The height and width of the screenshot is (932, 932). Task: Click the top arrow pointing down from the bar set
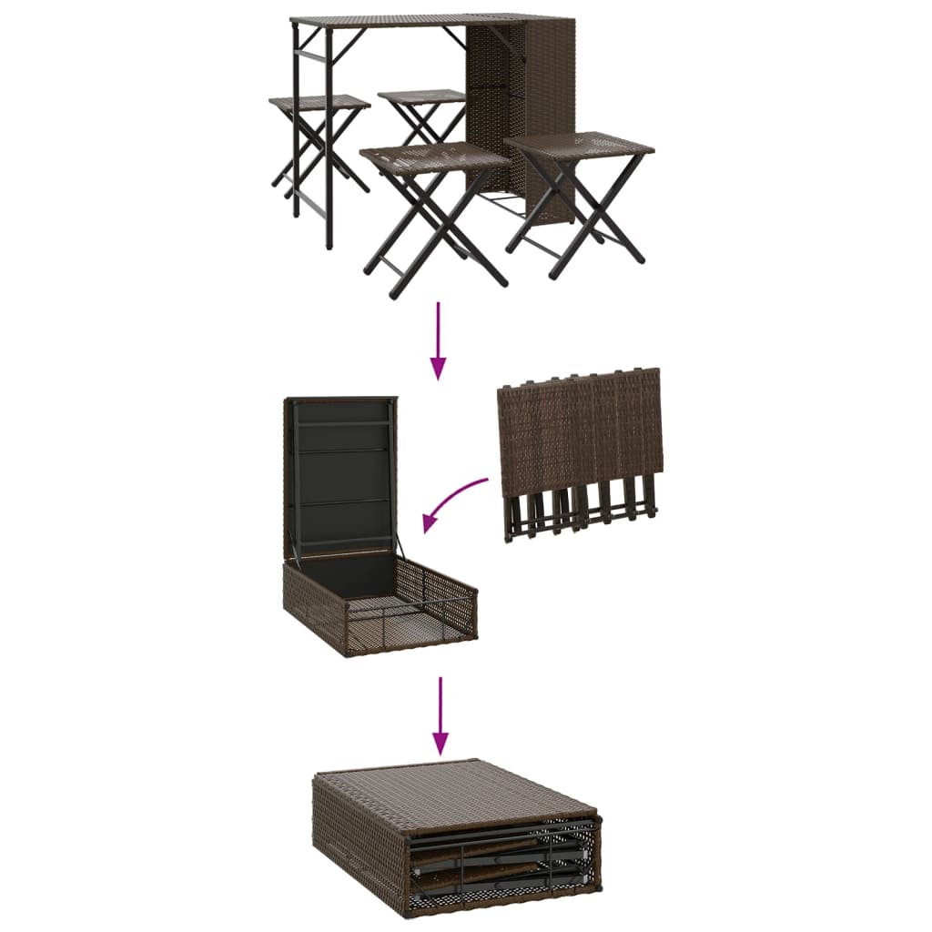[439, 340]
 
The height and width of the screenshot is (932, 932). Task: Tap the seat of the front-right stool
[579, 146]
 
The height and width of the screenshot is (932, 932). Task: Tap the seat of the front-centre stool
[434, 156]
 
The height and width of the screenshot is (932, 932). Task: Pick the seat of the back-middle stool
[421, 96]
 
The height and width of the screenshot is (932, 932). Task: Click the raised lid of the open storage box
[339, 473]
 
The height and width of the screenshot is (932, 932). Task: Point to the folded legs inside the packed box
[501, 860]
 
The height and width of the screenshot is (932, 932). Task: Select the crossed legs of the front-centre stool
[435, 228]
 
